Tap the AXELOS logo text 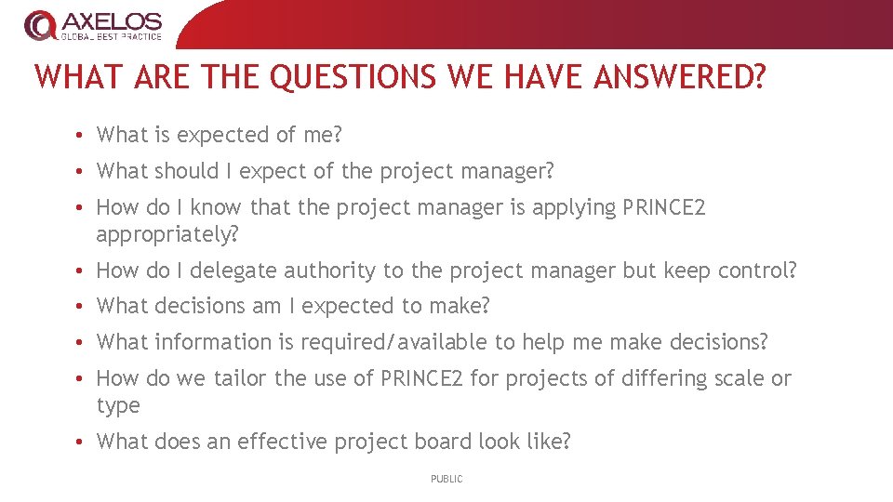(111, 20)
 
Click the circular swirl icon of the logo (40, 25)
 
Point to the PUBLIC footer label (446, 479)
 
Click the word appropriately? (167, 234)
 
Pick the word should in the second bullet (186, 171)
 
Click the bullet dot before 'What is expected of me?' (83, 136)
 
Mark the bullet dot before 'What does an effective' (83, 443)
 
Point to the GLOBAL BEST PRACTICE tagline (111, 37)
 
